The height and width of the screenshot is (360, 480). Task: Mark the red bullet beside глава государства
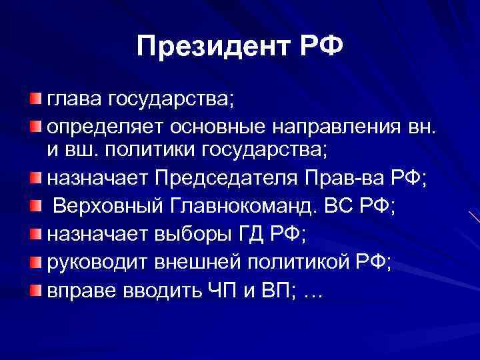34,100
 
